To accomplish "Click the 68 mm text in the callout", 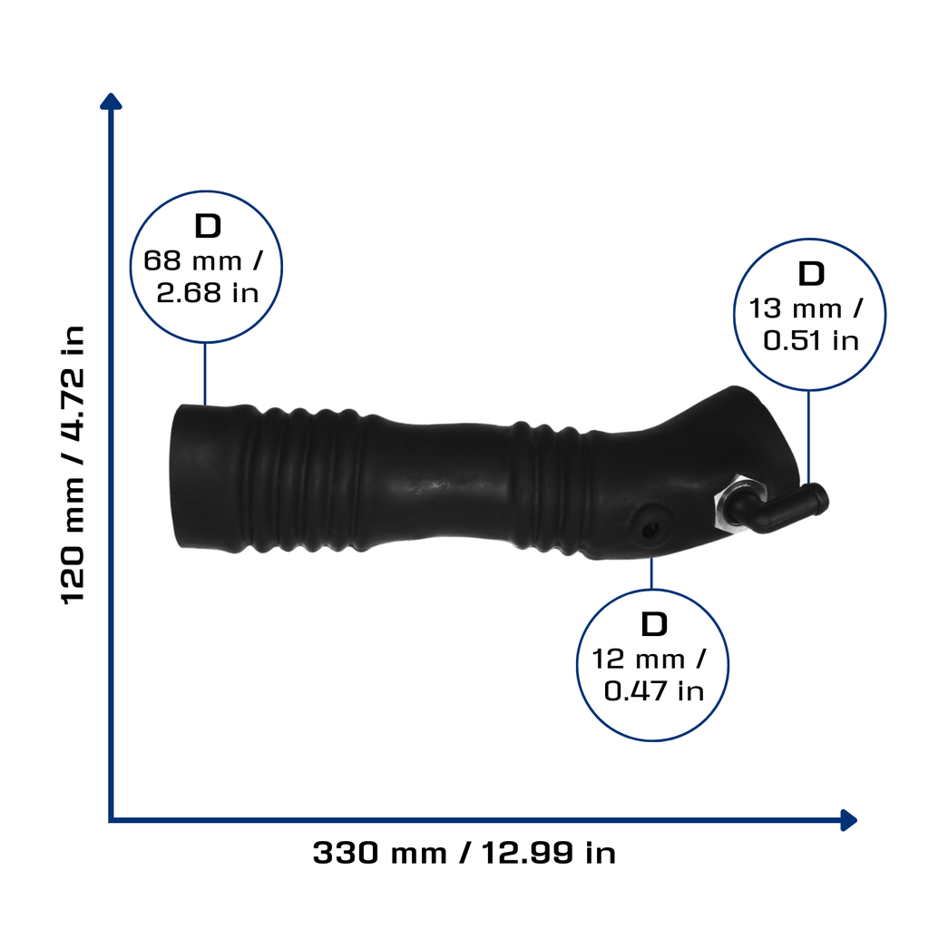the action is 192,260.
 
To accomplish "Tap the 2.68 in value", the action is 208,293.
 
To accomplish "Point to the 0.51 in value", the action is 810,341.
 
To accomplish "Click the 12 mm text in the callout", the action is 638,660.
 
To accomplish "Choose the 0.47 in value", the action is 653,691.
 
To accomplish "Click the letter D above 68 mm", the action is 208,226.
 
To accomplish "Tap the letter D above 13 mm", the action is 811,274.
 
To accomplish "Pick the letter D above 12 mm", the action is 654,624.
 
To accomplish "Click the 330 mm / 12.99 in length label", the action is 464,853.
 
